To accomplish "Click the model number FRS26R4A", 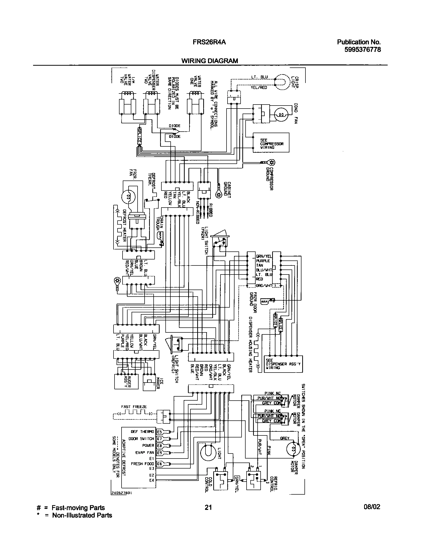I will pos(209,42).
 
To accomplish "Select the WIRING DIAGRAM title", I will pos(209,61).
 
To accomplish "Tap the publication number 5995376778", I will pos(362,49).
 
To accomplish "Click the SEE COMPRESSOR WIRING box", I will pos(271,142).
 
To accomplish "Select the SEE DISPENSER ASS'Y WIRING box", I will pos(283,364).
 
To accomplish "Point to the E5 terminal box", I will pos(159,432).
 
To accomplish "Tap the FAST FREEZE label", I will pos(134,407).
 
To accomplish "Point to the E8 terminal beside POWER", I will pos(159,445).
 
